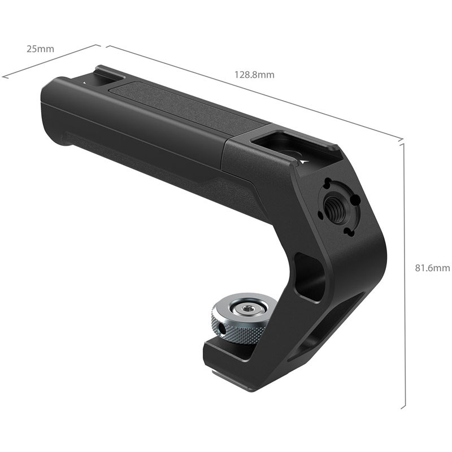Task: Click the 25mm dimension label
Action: click(x=40, y=49)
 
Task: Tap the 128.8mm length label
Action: click(x=254, y=75)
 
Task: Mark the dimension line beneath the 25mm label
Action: click(x=51, y=61)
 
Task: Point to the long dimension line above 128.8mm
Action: click(x=254, y=90)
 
